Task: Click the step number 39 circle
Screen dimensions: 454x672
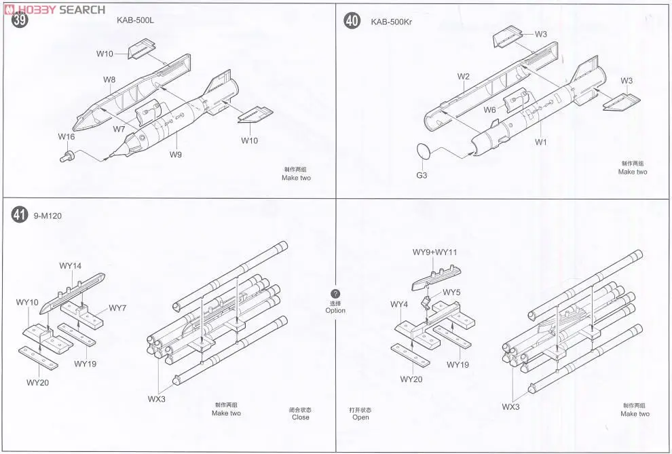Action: click(20, 20)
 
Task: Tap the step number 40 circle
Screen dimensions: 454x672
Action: click(352, 21)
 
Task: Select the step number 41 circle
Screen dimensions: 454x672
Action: click(20, 215)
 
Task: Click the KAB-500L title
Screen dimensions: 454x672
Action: click(135, 20)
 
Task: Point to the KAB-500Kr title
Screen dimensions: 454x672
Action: click(392, 22)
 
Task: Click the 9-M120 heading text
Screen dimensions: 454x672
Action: click(52, 216)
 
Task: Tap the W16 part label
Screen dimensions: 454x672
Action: click(66, 137)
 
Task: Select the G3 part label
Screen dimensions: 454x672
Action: click(421, 175)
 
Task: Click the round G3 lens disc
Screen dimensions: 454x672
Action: click(422, 151)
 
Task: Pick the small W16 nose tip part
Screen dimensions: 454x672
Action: click(67, 157)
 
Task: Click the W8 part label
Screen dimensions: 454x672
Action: click(109, 80)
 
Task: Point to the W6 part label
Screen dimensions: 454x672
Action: click(490, 110)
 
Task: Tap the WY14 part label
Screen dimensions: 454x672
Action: click(70, 266)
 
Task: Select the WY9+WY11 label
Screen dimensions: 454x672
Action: click(434, 252)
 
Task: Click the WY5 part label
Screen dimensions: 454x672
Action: click(451, 292)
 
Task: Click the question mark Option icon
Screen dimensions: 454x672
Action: click(335, 293)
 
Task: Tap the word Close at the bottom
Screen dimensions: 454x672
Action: click(300, 418)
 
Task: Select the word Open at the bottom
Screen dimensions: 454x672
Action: click(360, 417)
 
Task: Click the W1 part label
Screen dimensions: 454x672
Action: click(540, 143)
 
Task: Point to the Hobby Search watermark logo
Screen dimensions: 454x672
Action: click(54, 9)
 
